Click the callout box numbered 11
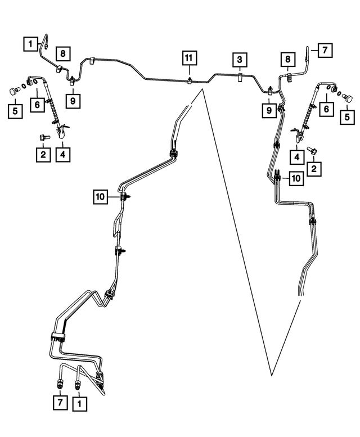190,58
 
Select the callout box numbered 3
240,60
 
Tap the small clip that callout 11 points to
190,80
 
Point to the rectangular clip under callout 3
240,77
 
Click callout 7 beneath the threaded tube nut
60,402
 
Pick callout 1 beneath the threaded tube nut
80,404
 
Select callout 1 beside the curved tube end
30,44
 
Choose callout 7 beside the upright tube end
325,50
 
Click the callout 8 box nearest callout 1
63,53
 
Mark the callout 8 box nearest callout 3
288,59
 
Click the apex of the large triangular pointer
202,89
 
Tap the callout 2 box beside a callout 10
314,169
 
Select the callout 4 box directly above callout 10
297,157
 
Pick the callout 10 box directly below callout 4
296,178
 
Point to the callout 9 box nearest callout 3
269,110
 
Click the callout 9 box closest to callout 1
73,101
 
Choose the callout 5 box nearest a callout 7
347,117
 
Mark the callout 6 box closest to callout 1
37,105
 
